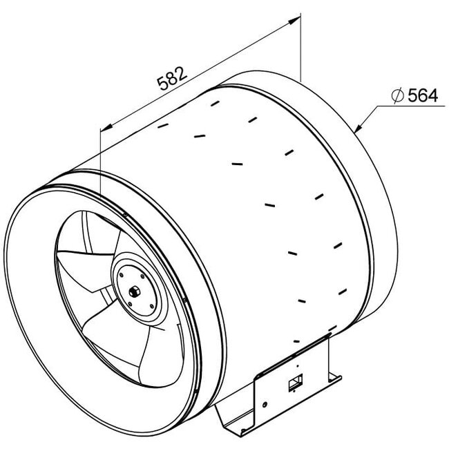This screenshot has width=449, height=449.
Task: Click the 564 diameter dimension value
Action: click(422, 97)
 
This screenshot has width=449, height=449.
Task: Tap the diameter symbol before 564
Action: click(397, 97)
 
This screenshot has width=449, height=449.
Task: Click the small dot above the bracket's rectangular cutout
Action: click(297, 366)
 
